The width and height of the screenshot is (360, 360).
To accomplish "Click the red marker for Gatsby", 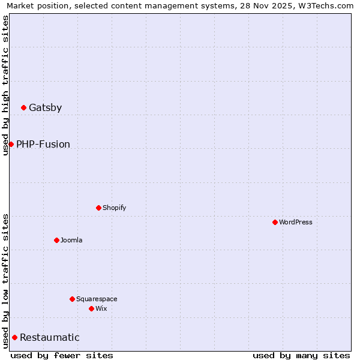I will click(x=23, y=107).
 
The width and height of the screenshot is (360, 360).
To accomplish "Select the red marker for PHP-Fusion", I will click(x=11, y=144).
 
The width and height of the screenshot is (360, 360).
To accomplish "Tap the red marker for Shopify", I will click(x=98, y=208).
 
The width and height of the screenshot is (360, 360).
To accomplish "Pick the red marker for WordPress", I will click(x=275, y=222).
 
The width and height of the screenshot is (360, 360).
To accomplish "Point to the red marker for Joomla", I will click(x=56, y=240).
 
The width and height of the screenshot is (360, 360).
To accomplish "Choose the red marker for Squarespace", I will click(x=72, y=299).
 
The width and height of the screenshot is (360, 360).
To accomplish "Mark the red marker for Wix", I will click(x=91, y=308).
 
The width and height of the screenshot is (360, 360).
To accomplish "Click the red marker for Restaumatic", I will click(x=14, y=337).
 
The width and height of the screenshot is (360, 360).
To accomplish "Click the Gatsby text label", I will click(x=45, y=108).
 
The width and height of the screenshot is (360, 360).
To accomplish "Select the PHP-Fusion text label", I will click(x=43, y=145).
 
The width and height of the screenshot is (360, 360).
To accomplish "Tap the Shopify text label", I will click(x=114, y=208).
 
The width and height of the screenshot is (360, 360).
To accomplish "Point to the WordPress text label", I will click(x=296, y=223).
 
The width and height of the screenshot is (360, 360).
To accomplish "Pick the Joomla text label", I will click(x=71, y=241).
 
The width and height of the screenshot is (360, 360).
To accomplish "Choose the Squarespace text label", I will click(x=97, y=299).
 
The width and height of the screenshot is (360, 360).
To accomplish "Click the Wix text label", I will click(x=101, y=309).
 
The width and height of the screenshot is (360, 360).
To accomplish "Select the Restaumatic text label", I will click(x=50, y=338).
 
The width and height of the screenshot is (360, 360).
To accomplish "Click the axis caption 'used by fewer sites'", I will click(x=62, y=355).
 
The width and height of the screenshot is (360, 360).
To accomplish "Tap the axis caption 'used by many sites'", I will click(x=301, y=355).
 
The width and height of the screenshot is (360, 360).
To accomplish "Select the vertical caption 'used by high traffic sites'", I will click(x=5, y=85).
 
